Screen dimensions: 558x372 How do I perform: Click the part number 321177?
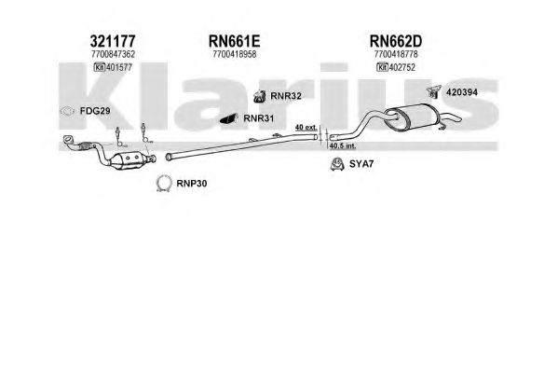coord(113,41)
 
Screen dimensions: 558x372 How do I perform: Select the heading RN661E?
coord(234,41)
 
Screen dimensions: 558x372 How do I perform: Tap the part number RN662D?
coord(396,41)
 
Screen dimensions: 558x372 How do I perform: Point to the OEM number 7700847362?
coord(113,54)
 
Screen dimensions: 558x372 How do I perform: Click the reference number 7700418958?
coord(235,54)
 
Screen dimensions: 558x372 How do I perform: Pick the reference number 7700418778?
coord(396,54)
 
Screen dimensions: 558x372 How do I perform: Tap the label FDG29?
coord(95,111)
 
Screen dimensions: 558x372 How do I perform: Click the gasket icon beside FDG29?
coord(67,112)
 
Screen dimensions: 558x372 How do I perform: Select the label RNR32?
coord(286,96)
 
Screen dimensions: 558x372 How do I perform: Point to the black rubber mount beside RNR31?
coord(229,118)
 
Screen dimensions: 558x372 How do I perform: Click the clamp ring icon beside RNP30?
coord(164,184)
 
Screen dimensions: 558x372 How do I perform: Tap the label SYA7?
coord(361,164)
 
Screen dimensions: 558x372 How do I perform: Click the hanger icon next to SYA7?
coord(336,164)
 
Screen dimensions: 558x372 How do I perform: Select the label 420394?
coord(462,92)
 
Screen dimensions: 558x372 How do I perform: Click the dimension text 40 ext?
coord(306,127)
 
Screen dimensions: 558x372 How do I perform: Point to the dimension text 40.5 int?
coord(343,145)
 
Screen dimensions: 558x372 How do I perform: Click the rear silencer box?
coord(413,117)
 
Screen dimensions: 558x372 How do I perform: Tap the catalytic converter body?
coord(129,160)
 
